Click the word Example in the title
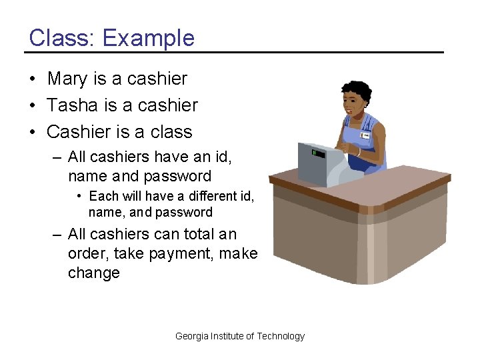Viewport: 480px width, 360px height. tap(149, 38)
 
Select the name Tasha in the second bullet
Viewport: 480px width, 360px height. tap(70, 105)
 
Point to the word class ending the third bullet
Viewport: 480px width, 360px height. tap(171, 132)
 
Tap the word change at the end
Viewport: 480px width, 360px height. tap(93, 273)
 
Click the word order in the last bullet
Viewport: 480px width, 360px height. tap(89, 253)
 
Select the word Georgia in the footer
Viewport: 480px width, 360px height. tap(191, 336)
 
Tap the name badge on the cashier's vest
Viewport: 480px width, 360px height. tap(365, 135)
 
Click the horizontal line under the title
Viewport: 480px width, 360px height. tap(233, 52)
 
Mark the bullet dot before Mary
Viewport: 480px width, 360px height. tap(32, 79)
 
